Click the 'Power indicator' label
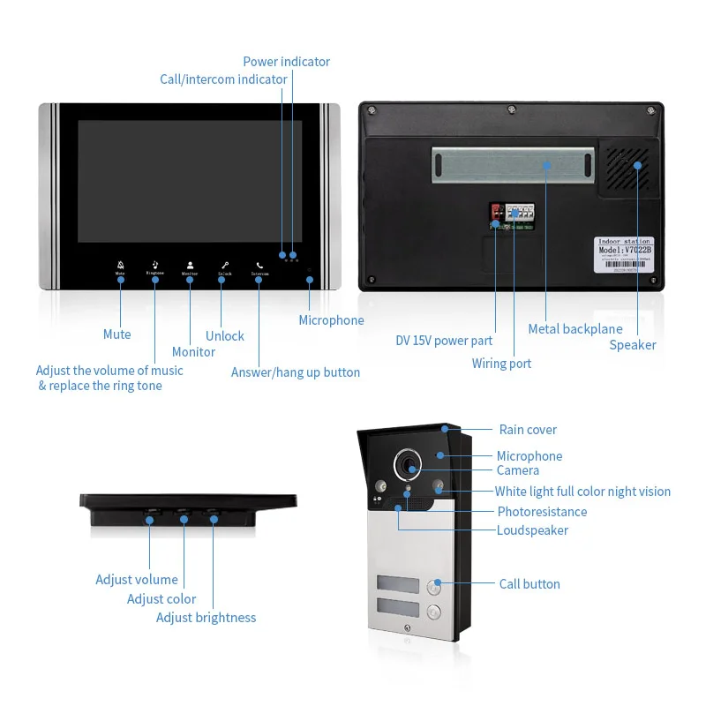pyautogui.click(x=286, y=62)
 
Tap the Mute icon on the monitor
pyautogui.click(x=120, y=265)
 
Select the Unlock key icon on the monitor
pyautogui.click(x=224, y=265)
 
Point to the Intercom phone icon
pyautogui.click(x=259, y=265)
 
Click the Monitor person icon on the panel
pyautogui.click(x=190, y=265)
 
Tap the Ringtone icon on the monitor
pyautogui.click(x=155, y=264)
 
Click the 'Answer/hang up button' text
pyautogui.click(x=296, y=372)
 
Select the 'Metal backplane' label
pyautogui.click(x=575, y=329)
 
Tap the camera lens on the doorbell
pyautogui.click(x=409, y=462)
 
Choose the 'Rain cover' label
pyautogui.click(x=528, y=430)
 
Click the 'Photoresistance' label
pyautogui.click(x=541, y=512)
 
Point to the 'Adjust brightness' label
pyautogui.click(x=206, y=618)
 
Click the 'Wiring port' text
pyautogui.click(x=501, y=364)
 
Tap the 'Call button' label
pyautogui.click(x=529, y=584)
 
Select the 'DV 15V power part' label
pyautogui.click(x=444, y=341)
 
